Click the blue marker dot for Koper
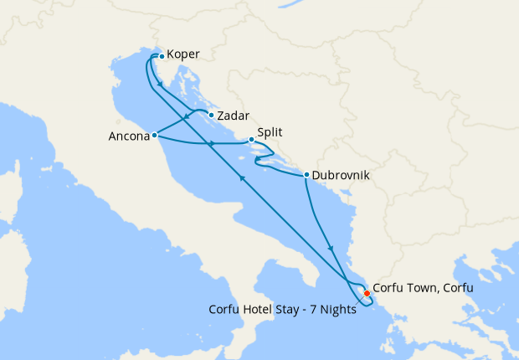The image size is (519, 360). coord(162,57)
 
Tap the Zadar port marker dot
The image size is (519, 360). coord(211,116)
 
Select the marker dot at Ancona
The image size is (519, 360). coord(155,134)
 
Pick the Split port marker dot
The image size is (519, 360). coord(251,140)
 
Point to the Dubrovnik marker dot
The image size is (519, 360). coord(306,175)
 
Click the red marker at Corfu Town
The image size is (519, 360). coord(367,293)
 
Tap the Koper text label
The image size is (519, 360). coord(183,55)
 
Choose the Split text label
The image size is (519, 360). coord(270,131)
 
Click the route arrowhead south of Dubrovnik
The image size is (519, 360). coord(333,249)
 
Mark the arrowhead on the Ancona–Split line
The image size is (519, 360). coord(212,145)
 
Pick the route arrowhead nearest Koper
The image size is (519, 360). coord(159,85)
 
